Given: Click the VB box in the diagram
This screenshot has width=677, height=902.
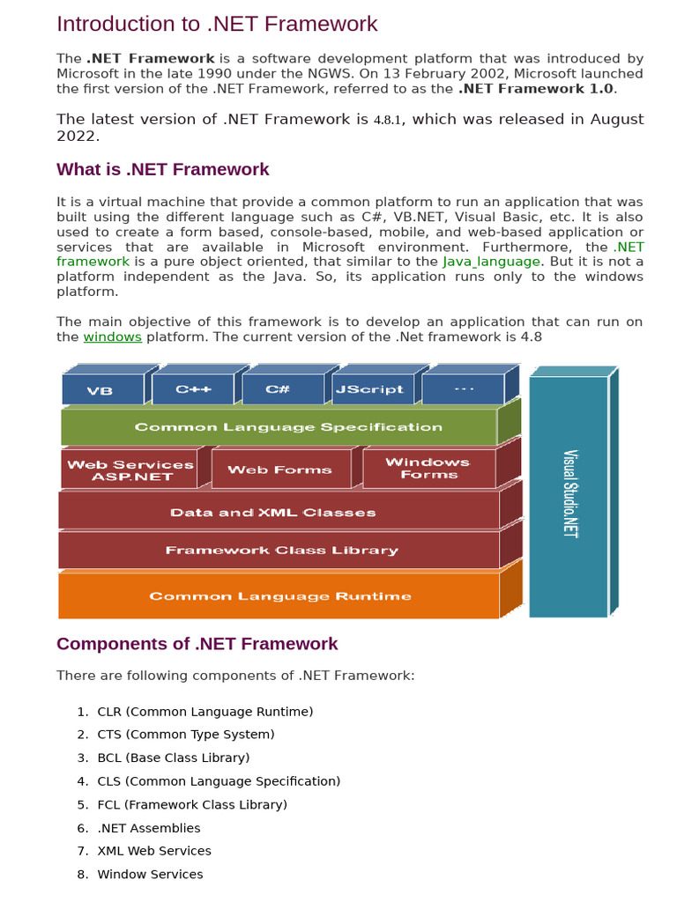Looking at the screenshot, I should coord(100,390).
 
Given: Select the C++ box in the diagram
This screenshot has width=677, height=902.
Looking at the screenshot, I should coord(193,389).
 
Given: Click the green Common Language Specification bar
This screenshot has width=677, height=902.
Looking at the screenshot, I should coord(288,427).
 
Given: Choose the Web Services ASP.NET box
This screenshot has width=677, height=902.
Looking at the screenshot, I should coord(130,470).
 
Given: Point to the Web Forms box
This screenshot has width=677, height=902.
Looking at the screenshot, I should coord(279,469).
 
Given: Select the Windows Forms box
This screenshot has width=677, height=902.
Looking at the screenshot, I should coord(428,468).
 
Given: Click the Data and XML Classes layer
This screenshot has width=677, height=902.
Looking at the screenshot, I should coord(273,512).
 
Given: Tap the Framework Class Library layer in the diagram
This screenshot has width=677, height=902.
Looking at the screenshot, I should coord(282,551).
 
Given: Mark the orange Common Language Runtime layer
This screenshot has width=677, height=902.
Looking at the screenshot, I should coord(280,596).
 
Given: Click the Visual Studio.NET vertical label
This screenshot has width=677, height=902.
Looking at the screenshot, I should coord(570,494).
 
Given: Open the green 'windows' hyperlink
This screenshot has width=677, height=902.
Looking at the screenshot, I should coord(113,337).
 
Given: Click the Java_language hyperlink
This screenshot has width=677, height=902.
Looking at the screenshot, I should coord(503,262).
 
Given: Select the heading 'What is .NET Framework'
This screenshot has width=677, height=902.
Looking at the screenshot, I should coord(163,169).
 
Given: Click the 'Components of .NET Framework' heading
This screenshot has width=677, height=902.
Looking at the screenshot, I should coord(197,644).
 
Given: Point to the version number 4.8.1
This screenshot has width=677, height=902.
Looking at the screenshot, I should coord(387,120).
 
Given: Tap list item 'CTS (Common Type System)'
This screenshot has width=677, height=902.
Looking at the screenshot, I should coord(186,735).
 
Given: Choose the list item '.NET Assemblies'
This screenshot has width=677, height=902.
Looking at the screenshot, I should coord(149,828).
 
